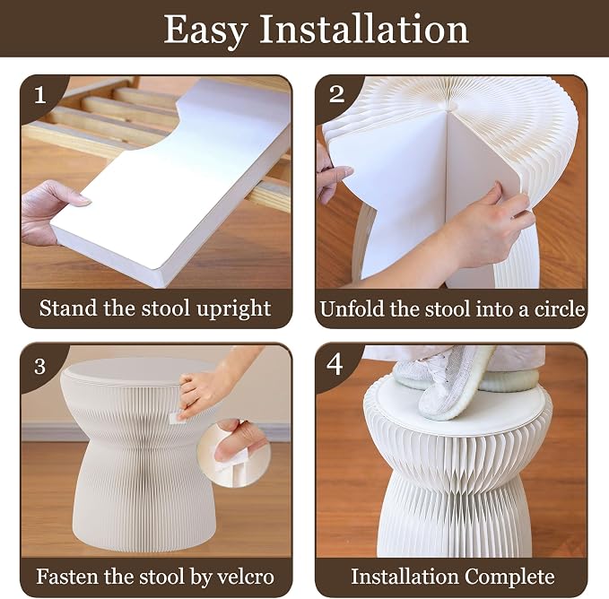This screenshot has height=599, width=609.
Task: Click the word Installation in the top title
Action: click(364, 29)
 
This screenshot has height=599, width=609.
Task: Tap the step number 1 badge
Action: click(40, 95)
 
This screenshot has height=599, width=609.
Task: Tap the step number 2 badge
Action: click(336, 94)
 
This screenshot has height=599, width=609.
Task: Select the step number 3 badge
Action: click(40, 367)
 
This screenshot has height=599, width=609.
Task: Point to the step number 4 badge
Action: click(335, 365)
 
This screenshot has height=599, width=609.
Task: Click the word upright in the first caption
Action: click(233, 309)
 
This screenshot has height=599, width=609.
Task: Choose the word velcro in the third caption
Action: click(246, 577)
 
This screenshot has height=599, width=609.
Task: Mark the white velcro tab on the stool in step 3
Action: click(176, 418)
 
